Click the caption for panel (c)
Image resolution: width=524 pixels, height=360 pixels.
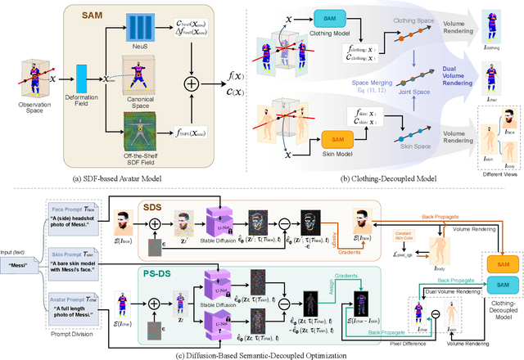(x=260, y=353)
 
